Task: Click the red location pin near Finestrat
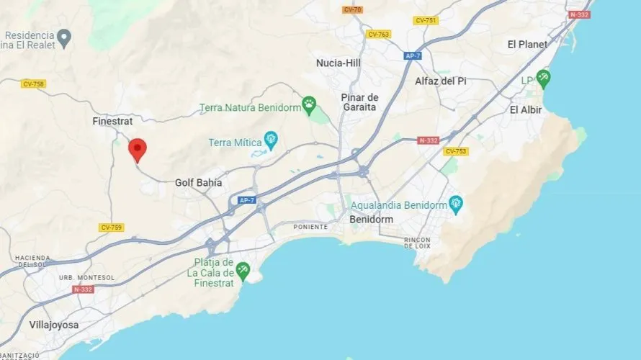pyautogui.click(x=138, y=150)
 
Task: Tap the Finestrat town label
pyautogui.click(x=113, y=122)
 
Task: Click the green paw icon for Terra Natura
pyautogui.click(x=309, y=104)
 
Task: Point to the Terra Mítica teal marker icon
pyautogui.click(x=271, y=139)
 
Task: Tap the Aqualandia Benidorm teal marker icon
pyautogui.click(x=455, y=204)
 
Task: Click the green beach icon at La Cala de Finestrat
pyautogui.click(x=243, y=271)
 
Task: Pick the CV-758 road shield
pyautogui.click(x=33, y=84)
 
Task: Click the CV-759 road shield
pyautogui.click(x=111, y=228)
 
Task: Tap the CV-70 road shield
pyautogui.click(x=352, y=10)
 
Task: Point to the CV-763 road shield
pyautogui.click(x=378, y=34)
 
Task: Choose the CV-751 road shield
pyautogui.click(x=426, y=20)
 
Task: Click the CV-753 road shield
pyautogui.click(x=456, y=151)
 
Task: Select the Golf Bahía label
pyautogui.click(x=198, y=183)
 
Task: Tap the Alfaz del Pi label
pyautogui.click(x=440, y=81)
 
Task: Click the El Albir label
pyautogui.click(x=526, y=110)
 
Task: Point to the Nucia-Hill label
pyautogui.click(x=339, y=63)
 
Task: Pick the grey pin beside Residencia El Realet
pyautogui.click(x=64, y=36)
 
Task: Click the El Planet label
pyautogui.click(x=527, y=45)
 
